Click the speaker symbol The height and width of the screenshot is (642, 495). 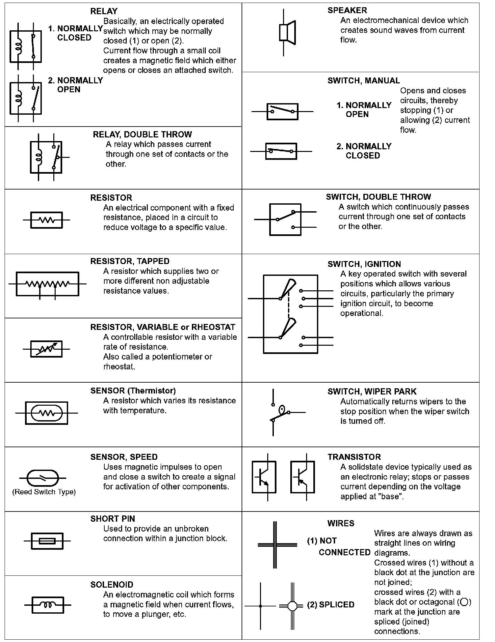pos(287,32)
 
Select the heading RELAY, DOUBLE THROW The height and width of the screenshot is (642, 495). pos(142,134)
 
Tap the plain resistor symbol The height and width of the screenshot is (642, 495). pos(46,220)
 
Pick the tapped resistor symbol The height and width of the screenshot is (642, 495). pos(47,284)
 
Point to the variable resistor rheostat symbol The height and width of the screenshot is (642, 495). pos(46,349)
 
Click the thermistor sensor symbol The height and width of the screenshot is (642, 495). pos(46,413)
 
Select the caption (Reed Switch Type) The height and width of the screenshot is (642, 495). pos(44,492)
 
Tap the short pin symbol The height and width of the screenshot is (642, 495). pos(47,541)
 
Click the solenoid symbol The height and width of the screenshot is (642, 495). pos(48,605)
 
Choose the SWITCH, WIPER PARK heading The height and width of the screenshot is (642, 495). pos(372,392)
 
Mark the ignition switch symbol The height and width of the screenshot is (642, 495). pos(290,314)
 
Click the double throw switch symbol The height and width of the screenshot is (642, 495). pos(285,219)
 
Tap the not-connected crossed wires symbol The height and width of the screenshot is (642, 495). pos(275,545)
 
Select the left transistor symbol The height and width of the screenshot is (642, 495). pos(264,477)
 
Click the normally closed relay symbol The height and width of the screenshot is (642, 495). pos(26,46)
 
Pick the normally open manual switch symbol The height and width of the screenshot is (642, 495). pos(282,111)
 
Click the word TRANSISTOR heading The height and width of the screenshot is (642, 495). pos(354,457)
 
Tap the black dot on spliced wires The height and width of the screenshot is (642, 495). pos(260,606)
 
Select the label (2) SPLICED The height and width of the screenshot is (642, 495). pos(330,605)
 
